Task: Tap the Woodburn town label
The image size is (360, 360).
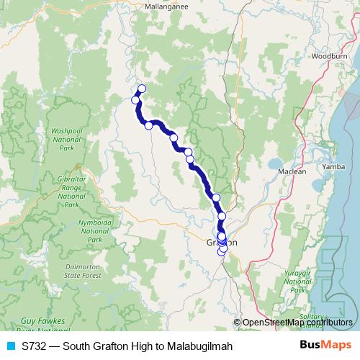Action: click(x=330, y=55)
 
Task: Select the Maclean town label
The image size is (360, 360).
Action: click(x=293, y=171)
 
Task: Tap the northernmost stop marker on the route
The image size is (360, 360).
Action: click(x=141, y=89)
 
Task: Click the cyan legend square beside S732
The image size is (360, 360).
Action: click(x=10, y=346)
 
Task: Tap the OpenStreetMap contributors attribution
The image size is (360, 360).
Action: click(x=297, y=323)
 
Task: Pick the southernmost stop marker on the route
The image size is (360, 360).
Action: click(x=222, y=251)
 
